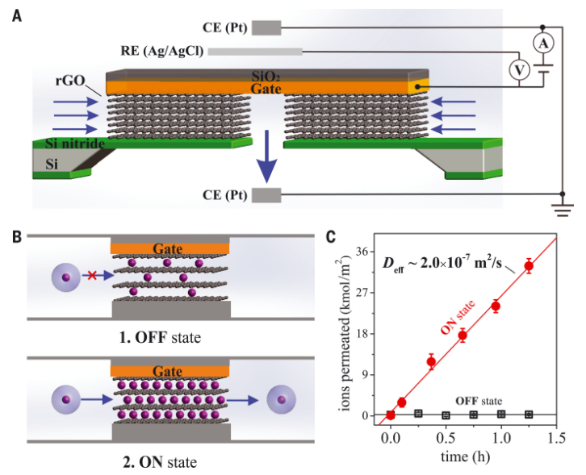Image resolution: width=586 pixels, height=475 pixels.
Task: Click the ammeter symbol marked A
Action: [545, 41]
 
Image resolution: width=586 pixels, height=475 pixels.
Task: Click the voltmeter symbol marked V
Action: [521, 71]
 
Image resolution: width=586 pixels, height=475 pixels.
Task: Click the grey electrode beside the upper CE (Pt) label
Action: [267, 27]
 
